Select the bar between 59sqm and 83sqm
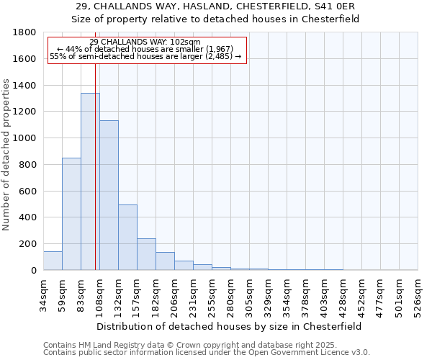(x=71, y=214)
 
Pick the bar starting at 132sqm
(x=127, y=237)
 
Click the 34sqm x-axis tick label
(x=43, y=294)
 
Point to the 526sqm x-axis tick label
(x=418, y=294)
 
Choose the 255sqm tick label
(x=212, y=294)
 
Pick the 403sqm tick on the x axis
(x=324, y=294)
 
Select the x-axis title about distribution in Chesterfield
(x=230, y=326)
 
